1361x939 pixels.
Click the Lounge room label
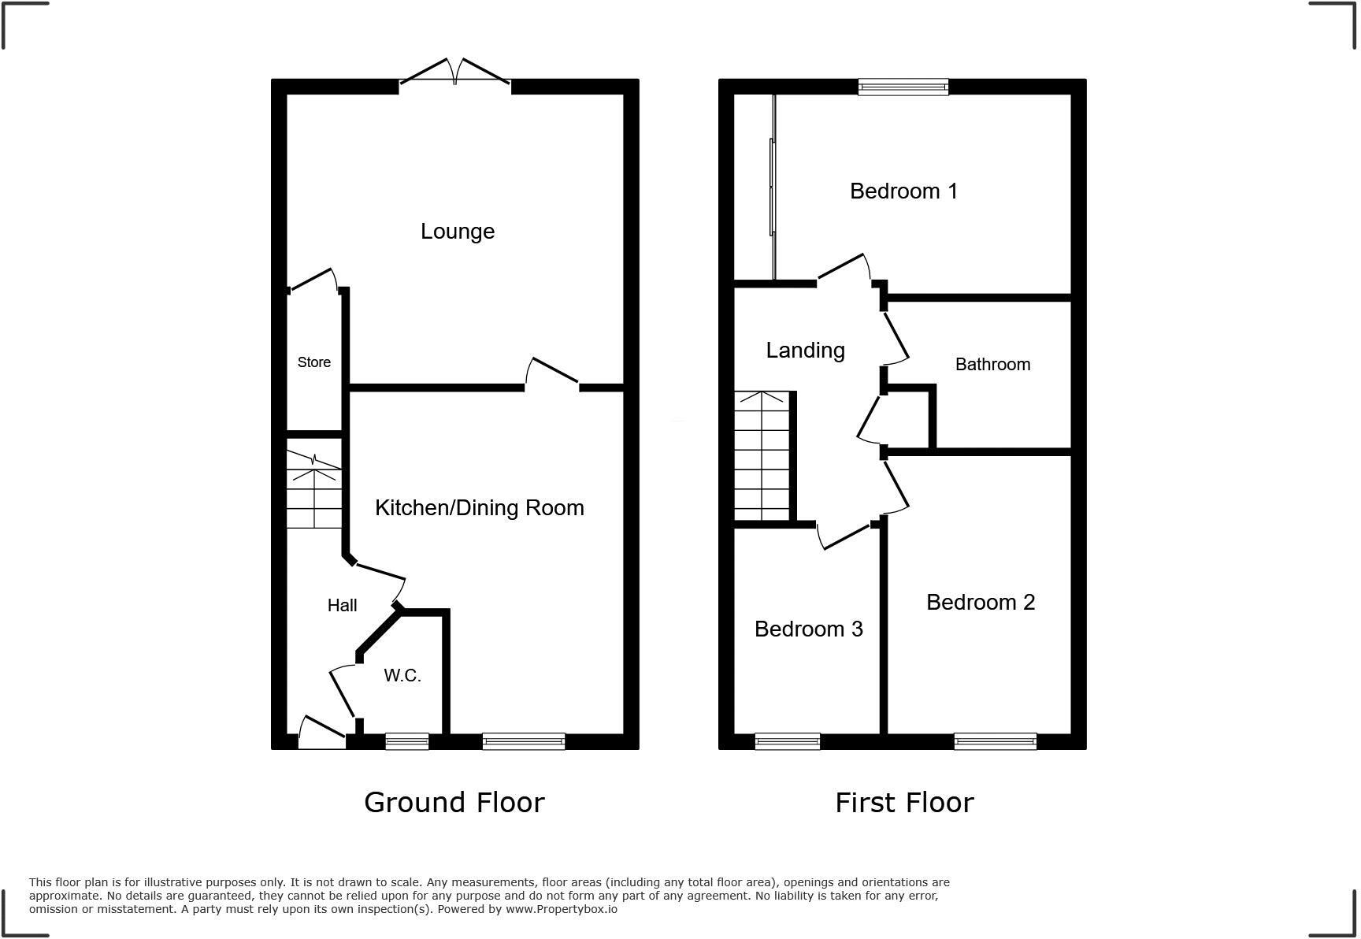pos(458,232)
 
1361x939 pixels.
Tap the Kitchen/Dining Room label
pos(479,508)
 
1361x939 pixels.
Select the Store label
pos(313,362)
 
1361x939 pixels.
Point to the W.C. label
pos(402,676)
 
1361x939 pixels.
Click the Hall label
pos(342,606)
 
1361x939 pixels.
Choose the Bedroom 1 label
pos(903,191)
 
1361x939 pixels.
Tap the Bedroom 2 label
pos(980,603)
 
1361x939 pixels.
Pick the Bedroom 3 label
pos(808,629)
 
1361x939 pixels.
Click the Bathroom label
pos(992,365)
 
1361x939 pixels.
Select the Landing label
pos(805,351)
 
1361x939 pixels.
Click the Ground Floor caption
pos(454,803)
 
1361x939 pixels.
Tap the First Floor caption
pos(904,803)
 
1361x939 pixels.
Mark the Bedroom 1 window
pos(903,87)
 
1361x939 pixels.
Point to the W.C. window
pos(406,741)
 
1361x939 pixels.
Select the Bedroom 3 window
pos(787,741)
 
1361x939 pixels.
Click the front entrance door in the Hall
pos(322,732)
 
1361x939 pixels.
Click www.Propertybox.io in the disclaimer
pos(561,909)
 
